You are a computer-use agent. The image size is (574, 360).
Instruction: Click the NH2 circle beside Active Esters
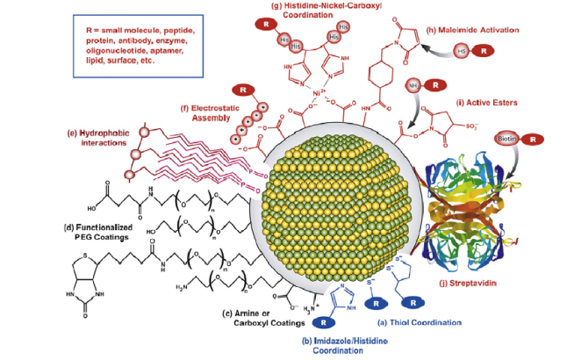pos(413,86)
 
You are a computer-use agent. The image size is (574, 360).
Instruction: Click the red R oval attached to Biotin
pos(534,139)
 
